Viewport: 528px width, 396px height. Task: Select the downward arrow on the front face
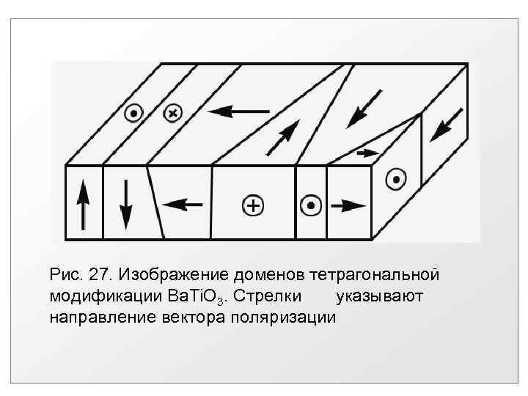(125, 205)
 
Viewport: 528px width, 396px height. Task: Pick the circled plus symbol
(252, 206)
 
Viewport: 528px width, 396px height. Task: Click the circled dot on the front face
(311, 206)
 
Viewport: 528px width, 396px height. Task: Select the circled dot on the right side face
(396, 178)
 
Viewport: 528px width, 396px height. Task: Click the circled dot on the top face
(133, 114)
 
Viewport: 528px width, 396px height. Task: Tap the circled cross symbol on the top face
(172, 113)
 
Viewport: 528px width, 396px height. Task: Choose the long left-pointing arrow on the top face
(238, 111)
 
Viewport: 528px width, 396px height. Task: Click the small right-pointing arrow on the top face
(364, 153)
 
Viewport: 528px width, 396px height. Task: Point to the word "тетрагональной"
(375, 275)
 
